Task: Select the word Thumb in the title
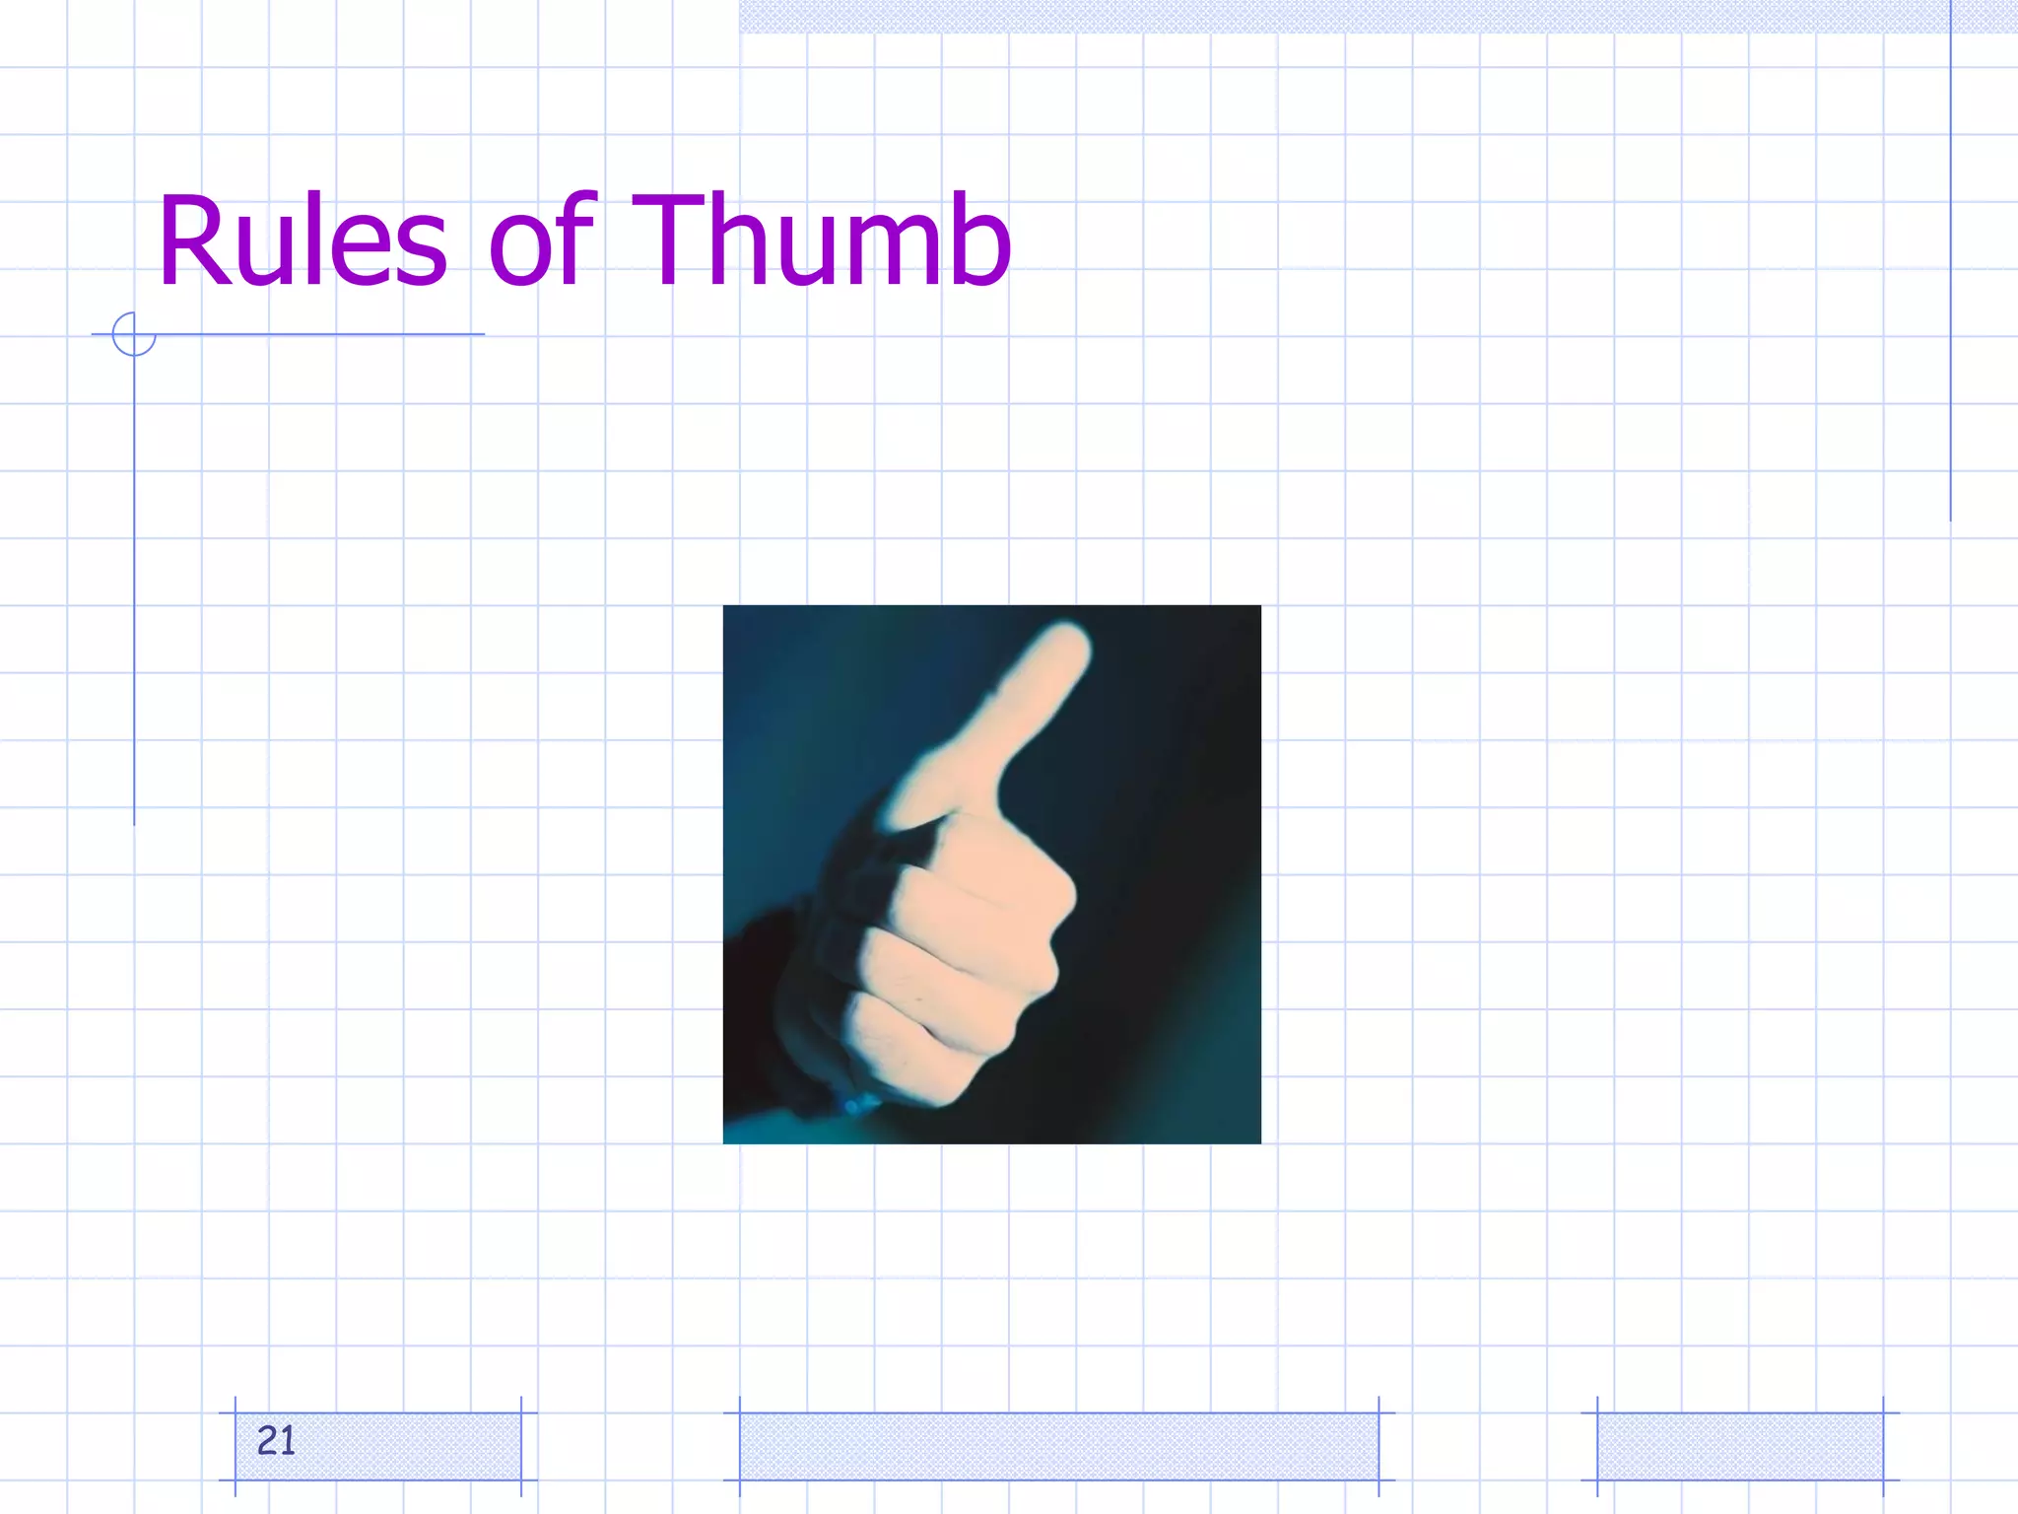tap(821, 241)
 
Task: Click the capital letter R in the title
tap(193, 241)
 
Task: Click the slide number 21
tap(276, 1441)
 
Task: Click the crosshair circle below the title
tap(134, 334)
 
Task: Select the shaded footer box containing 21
tap(378, 1446)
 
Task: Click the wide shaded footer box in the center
tap(1058, 1446)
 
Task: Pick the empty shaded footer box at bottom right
tap(1739, 1446)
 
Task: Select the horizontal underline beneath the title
tap(315, 334)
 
